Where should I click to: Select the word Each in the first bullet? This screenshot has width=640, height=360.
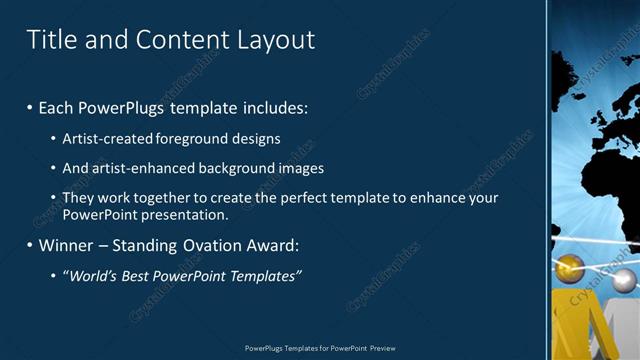point(56,107)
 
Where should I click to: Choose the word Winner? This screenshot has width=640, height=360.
point(65,245)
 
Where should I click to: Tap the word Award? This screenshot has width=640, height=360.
point(274,245)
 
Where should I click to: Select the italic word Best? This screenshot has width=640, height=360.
point(134,276)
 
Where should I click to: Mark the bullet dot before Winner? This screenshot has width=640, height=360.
point(30,245)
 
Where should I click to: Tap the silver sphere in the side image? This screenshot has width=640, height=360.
point(624,281)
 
